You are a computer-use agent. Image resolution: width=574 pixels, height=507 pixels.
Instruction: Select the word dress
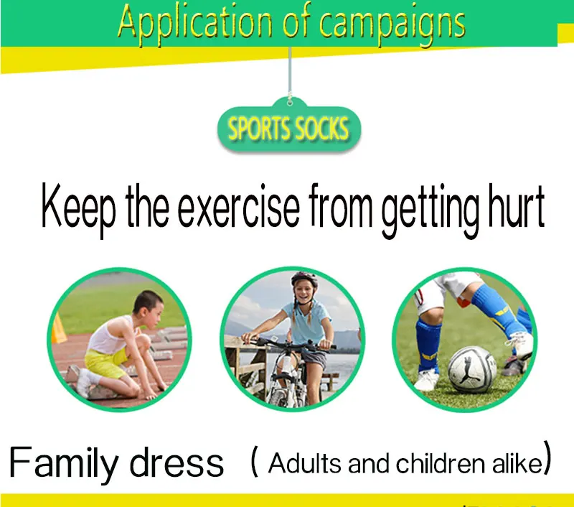click(x=177, y=462)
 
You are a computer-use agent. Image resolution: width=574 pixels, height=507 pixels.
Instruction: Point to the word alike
click(x=517, y=463)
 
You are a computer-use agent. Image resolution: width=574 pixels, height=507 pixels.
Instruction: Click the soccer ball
click(x=472, y=370)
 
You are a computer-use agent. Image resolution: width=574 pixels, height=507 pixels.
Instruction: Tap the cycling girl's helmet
click(x=304, y=279)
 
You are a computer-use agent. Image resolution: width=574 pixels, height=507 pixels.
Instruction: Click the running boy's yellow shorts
click(x=106, y=362)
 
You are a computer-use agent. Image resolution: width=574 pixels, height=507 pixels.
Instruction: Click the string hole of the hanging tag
click(x=290, y=103)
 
